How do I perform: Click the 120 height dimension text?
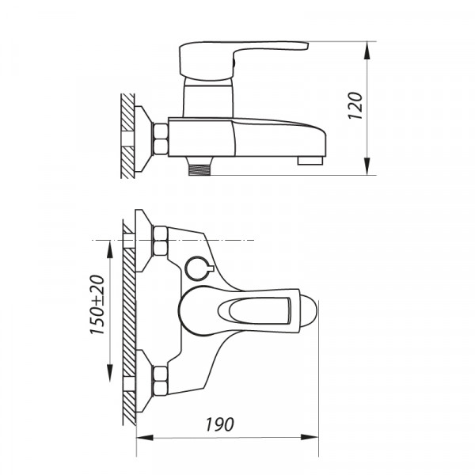(356, 104)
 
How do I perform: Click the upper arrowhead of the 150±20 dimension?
(108, 245)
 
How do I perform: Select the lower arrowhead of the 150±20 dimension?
(108, 377)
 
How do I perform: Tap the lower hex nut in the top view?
(159, 378)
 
